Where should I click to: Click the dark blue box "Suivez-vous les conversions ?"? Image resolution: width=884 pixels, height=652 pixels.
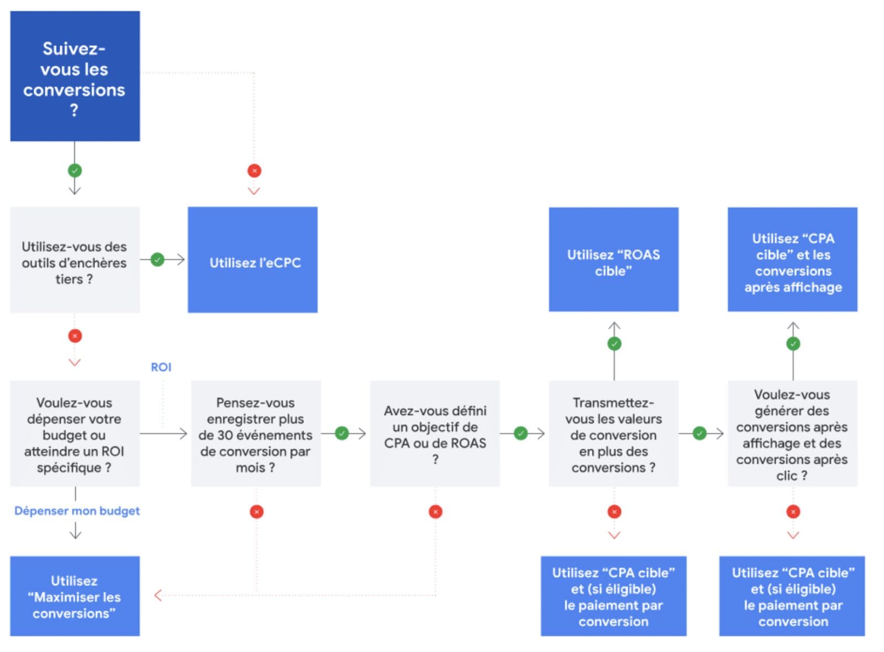point(75,76)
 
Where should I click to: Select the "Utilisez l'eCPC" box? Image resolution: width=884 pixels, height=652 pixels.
point(252,260)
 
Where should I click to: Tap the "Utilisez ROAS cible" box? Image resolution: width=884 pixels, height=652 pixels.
point(613,260)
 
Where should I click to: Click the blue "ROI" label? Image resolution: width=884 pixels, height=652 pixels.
point(161,367)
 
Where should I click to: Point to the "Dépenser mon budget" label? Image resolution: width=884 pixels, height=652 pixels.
point(77,511)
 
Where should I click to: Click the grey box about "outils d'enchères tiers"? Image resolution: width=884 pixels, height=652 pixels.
point(75,260)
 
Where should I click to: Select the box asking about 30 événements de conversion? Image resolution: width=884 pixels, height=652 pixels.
point(255,434)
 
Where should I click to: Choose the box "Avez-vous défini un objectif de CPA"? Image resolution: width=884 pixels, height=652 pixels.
point(435,434)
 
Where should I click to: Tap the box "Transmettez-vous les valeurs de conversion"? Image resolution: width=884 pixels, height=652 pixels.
point(613,434)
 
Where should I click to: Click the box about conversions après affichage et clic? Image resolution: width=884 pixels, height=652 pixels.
point(792,434)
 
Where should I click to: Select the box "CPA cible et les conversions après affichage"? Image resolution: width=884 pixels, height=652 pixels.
point(792,260)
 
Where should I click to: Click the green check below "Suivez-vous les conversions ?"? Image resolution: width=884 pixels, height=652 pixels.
point(75,170)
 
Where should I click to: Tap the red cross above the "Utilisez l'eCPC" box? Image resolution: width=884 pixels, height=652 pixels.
point(254,171)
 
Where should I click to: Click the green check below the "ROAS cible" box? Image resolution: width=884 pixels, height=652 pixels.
point(614,344)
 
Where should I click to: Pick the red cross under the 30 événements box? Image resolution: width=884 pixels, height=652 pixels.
point(256,512)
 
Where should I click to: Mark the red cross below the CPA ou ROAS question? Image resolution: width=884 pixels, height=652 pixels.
point(435,512)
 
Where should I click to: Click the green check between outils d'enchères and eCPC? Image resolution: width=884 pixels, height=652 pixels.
point(157,259)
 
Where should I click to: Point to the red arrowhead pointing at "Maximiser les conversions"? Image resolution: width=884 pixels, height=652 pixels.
point(158,595)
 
